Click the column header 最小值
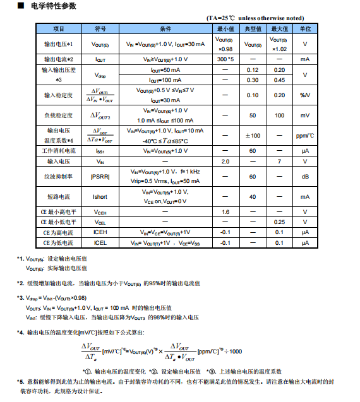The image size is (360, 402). [x=225, y=29]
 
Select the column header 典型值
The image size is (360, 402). [x=253, y=29]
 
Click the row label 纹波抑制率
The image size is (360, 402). [x=59, y=177]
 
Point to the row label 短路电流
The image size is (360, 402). [x=59, y=197]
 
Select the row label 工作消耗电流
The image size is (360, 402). [x=59, y=151]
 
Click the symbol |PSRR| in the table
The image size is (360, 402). [x=100, y=177]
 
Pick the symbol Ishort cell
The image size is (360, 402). [x=100, y=197]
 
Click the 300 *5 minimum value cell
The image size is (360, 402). [x=225, y=59]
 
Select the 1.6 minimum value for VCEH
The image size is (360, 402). [x=225, y=212]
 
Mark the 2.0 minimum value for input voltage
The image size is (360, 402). [x=225, y=162]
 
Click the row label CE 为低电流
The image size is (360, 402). [x=59, y=242]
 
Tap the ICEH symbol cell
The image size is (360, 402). [x=100, y=232]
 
